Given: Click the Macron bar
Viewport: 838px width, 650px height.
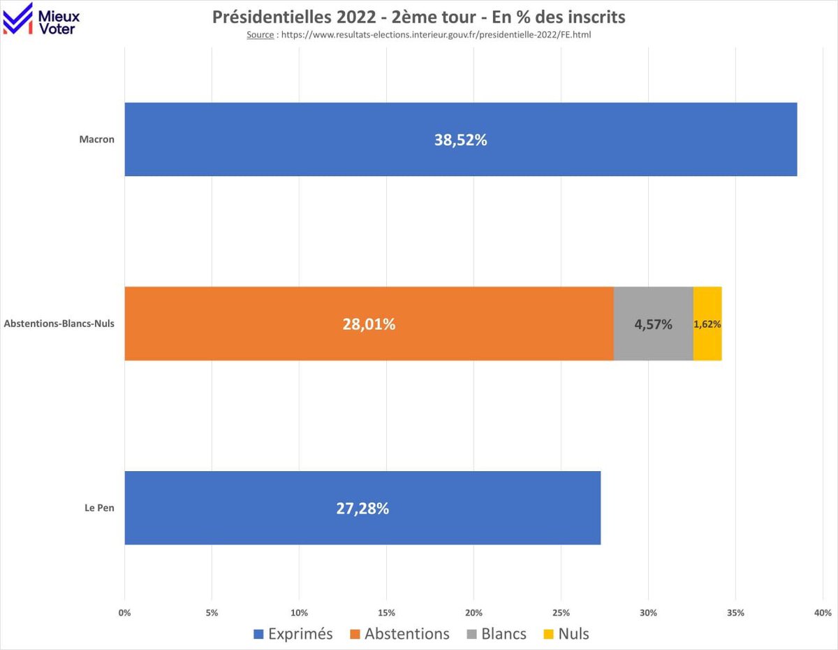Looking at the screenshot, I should pyautogui.click(x=461, y=139).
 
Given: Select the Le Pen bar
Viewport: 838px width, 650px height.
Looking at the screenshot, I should pyautogui.click(x=362, y=508).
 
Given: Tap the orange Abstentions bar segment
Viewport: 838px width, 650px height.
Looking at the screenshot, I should pyautogui.click(x=369, y=324).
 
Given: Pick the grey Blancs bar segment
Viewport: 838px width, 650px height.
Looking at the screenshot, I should pyautogui.click(x=654, y=324).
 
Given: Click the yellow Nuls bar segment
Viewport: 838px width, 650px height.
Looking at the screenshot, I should pyautogui.click(x=707, y=324).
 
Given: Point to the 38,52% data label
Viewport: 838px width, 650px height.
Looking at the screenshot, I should pyautogui.click(x=461, y=140).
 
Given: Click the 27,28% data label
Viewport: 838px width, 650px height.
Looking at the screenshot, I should pyautogui.click(x=362, y=509).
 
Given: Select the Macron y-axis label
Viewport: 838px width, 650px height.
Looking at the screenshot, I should pyautogui.click(x=96, y=139).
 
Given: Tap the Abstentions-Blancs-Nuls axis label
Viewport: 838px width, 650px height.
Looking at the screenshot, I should pyautogui.click(x=59, y=324).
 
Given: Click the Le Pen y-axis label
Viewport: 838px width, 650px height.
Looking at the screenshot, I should pyautogui.click(x=99, y=508).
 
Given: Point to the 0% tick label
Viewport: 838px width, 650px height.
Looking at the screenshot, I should pyautogui.click(x=124, y=613).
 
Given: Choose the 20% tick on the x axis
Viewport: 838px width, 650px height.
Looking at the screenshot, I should pyautogui.click(x=473, y=613).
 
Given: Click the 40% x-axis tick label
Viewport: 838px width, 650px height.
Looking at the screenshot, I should pyautogui.click(x=823, y=613).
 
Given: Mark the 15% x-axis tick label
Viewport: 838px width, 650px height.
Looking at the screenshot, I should pyautogui.click(x=386, y=613).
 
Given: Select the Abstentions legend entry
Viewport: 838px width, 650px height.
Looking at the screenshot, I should pyautogui.click(x=399, y=634).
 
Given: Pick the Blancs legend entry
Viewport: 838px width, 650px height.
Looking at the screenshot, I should pyautogui.click(x=496, y=634).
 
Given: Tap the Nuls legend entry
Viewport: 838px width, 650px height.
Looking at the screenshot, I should pyautogui.click(x=565, y=634).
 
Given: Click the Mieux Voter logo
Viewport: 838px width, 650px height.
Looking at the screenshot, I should pyautogui.click(x=42, y=19).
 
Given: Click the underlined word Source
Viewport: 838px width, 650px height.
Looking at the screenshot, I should pyautogui.click(x=260, y=34).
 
